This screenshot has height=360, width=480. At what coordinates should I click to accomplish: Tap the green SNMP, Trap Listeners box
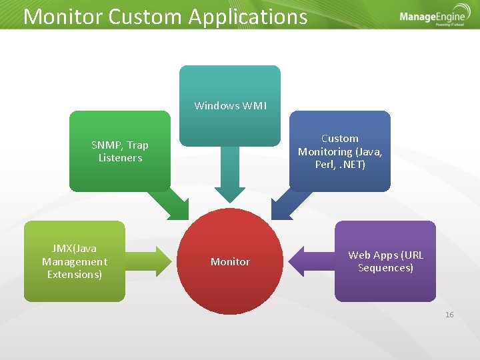click(x=120, y=151)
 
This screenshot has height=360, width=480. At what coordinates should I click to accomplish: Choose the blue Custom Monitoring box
click(x=340, y=151)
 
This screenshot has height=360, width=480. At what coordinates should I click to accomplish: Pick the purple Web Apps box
click(x=385, y=261)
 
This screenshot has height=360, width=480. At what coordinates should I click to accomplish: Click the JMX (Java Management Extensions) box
click(x=75, y=261)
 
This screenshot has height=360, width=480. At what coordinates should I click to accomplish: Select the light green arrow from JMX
click(x=149, y=261)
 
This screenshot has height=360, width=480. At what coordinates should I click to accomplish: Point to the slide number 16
click(x=449, y=314)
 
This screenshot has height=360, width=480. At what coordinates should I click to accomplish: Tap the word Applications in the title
click(x=248, y=16)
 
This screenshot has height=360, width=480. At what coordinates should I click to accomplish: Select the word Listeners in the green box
click(x=120, y=158)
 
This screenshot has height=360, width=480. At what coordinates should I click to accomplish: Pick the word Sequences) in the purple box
click(x=385, y=268)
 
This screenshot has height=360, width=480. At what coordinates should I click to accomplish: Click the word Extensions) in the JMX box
click(x=75, y=275)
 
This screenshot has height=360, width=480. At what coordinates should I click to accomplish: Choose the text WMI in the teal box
click(x=253, y=105)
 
